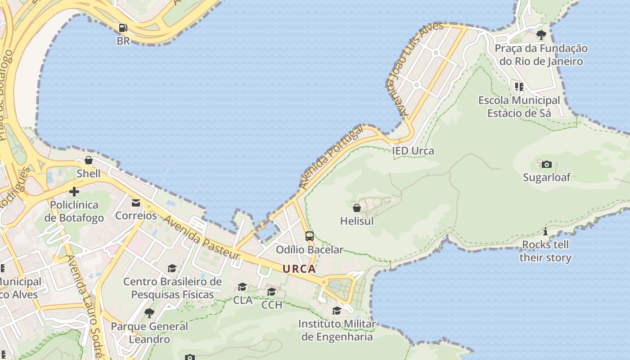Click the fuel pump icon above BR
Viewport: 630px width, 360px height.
123,28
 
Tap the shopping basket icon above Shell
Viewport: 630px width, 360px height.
89,160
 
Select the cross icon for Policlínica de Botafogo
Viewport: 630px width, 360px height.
74,192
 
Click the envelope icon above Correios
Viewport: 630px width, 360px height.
135,203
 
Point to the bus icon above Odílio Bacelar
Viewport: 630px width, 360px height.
309,236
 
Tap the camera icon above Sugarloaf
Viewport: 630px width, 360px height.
546,164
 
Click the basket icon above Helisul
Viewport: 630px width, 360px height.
357,208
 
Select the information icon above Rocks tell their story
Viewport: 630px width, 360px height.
545,232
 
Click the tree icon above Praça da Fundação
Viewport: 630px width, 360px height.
541,35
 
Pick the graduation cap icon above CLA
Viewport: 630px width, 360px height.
243,287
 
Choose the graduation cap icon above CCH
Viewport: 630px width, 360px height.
271,292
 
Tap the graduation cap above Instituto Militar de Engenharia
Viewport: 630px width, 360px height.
337,310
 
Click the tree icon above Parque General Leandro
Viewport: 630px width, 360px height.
149,313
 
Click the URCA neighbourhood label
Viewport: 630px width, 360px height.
299,269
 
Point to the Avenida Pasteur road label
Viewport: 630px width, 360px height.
202,237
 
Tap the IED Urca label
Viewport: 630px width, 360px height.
413,151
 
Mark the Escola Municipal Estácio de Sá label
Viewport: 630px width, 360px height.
519,107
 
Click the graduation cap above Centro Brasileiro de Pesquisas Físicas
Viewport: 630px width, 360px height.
172,269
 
